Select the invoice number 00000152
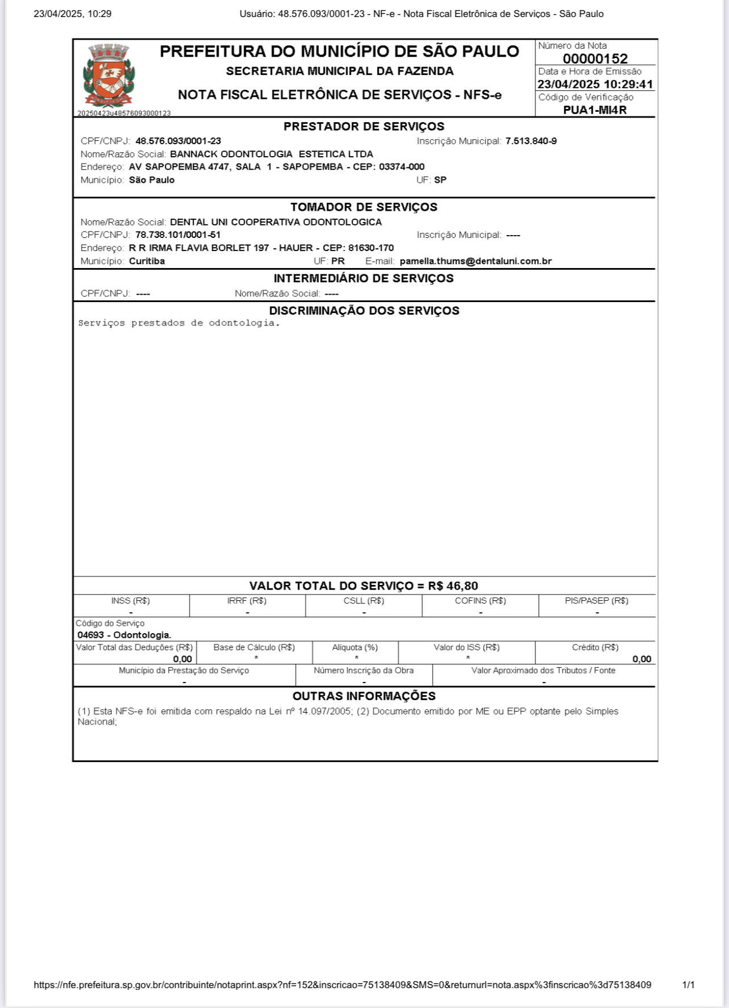point(595,58)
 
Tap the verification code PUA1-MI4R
point(595,110)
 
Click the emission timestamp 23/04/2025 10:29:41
point(595,85)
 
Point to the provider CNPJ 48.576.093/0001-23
point(178,141)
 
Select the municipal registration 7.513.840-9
point(531,141)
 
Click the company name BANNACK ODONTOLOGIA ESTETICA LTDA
point(271,154)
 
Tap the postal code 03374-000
point(402,167)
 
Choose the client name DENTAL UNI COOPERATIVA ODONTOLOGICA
point(276,222)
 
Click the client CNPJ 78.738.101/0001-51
point(178,235)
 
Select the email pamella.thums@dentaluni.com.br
point(476,261)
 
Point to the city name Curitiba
point(147,261)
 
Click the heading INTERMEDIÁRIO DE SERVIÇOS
point(364,278)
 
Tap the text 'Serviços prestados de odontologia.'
point(179,323)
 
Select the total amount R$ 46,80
point(453,586)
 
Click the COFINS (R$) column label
point(480,601)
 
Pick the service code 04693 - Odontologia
point(124,635)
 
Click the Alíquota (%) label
point(355,647)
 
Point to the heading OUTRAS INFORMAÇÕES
point(364,696)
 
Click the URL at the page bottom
point(342,985)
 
